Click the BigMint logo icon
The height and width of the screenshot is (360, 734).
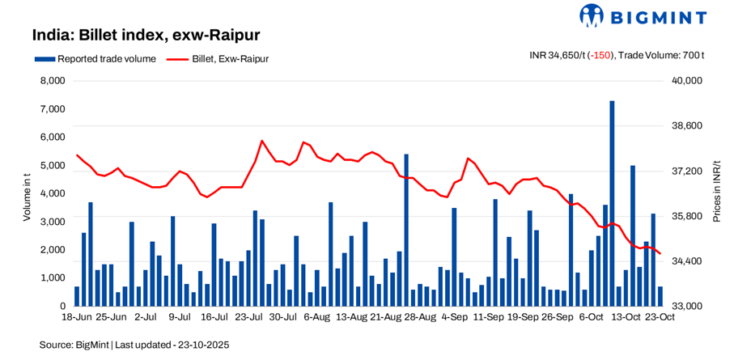pos(591,15)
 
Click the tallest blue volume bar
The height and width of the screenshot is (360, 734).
pos(612,202)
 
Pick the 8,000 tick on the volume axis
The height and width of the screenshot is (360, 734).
pos(51,81)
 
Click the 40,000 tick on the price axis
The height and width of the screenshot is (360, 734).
pos(685,81)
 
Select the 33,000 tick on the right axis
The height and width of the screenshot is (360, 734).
pos(685,306)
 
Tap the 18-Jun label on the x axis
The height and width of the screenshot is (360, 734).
pos(78,317)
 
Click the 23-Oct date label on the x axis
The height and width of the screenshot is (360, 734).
pos(660,317)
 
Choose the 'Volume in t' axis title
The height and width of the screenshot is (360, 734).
pos(26,193)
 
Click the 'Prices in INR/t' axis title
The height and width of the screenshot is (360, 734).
pos(716,192)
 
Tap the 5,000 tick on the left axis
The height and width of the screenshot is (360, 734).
pos(51,165)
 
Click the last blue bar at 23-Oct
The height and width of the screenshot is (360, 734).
pos(660,296)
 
